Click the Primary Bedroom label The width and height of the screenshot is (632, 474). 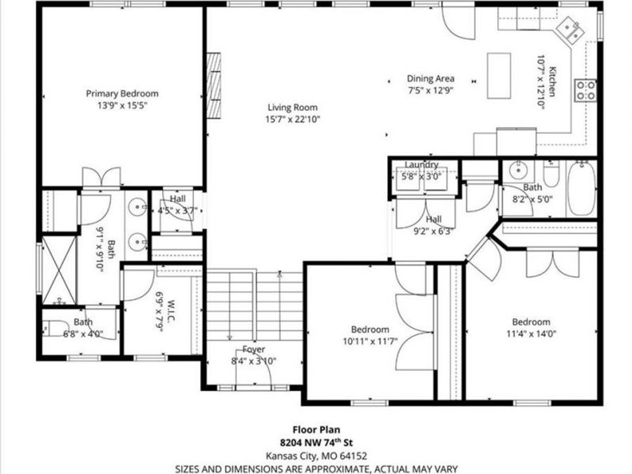click(x=121, y=93)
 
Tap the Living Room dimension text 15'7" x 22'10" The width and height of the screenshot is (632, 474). click(x=292, y=119)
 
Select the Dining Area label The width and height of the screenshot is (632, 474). click(x=430, y=79)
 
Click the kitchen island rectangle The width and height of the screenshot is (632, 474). click(x=500, y=74)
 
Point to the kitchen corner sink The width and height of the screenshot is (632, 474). click(x=568, y=29)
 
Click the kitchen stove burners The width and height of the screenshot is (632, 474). click(x=586, y=89)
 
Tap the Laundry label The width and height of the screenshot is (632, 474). click(x=421, y=164)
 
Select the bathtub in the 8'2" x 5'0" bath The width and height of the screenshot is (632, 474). click(x=581, y=187)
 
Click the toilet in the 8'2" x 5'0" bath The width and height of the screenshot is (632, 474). click(x=551, y=173)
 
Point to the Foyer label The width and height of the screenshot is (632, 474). click(x=254, y=350)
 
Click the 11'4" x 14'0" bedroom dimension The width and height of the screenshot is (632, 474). click(x=530, y=334)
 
